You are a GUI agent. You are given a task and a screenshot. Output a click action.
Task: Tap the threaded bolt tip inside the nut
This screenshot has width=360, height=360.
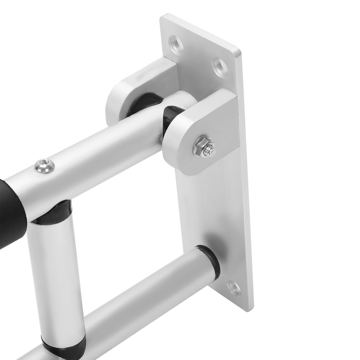208,150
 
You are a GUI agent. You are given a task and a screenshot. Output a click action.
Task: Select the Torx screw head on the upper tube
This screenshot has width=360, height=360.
45,165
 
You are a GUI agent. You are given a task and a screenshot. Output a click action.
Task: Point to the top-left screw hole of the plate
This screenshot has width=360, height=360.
176,45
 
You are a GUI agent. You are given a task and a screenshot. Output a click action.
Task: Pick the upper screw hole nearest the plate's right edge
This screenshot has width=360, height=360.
220,67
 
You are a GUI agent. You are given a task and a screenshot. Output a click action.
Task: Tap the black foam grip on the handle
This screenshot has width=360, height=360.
11,214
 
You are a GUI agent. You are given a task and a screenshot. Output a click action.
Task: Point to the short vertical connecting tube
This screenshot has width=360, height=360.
56,277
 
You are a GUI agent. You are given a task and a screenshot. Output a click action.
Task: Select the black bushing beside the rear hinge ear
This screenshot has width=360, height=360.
144,103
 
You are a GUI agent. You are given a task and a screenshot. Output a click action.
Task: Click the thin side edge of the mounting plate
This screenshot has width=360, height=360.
246,187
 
